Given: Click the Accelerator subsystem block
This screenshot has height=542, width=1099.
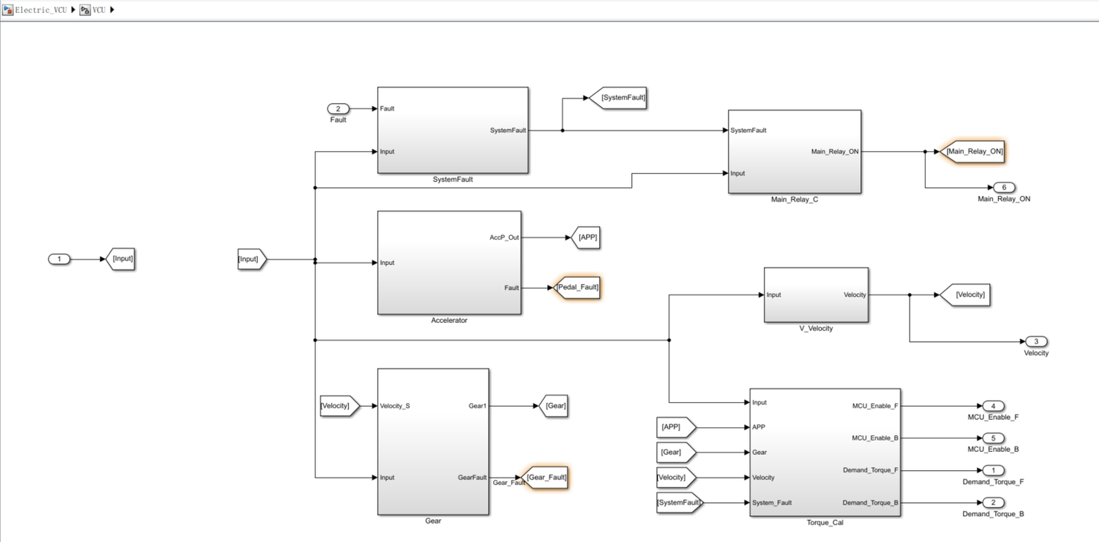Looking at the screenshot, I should coord(449,263).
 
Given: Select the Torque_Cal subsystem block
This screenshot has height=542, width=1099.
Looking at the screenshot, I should coord(824,452).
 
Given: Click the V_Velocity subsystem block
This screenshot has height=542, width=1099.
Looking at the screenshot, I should coord(816,295).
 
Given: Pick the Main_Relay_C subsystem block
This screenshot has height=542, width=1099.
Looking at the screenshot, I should coord(794,151).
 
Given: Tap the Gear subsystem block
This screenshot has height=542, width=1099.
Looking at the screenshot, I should coord(433,441).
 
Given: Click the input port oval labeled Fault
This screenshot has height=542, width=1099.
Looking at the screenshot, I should coord(338,108).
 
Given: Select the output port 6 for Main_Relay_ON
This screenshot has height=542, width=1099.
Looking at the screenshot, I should coord(1004,188).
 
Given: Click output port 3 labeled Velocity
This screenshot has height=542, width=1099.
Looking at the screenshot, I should coord(1036,341).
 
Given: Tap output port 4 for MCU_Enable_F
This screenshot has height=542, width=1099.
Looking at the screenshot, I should coord(993,406).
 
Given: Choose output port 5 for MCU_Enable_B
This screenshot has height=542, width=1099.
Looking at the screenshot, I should coord(993,438).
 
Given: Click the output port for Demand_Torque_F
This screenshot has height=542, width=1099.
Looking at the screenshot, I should coord(993,470).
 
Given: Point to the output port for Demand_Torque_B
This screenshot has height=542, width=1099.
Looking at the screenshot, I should coord(993,502).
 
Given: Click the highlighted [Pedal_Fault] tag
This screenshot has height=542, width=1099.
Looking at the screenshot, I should coord(578,288).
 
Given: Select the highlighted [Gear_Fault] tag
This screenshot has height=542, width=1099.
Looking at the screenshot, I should coord(546,477).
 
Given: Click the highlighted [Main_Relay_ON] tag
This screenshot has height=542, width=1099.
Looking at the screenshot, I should coord(973,151).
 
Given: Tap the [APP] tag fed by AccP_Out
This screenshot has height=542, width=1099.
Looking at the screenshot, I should coord(586,237).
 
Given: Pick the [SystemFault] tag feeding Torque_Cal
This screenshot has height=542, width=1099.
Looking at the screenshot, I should coord(678,502).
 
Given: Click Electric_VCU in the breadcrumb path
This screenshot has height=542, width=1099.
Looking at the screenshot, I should coord(40,10).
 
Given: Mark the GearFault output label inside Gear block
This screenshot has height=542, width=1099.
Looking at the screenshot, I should coord(472,477).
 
